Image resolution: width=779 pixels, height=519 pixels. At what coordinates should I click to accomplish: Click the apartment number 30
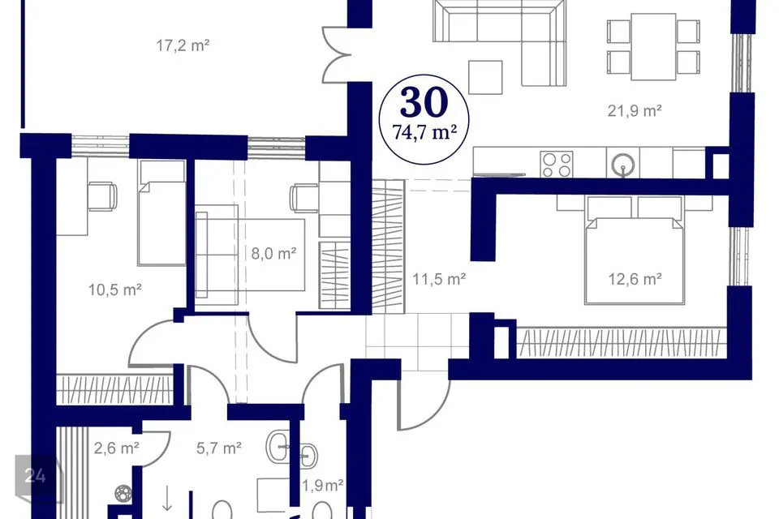pos(424,102)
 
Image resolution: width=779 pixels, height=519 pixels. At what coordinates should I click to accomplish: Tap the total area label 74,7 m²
pos(424,133)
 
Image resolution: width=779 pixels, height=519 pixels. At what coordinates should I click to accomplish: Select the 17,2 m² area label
pos(183,45)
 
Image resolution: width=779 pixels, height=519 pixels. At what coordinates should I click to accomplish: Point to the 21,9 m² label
pos(635,110)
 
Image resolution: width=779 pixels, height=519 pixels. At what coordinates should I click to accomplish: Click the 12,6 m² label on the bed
pos(635,279)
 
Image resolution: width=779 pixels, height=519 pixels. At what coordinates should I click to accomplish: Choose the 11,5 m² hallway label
pos(439,279)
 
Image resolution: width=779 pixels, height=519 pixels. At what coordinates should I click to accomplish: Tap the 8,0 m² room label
pos(273,254)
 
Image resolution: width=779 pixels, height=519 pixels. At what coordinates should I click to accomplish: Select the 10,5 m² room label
pos(115,289)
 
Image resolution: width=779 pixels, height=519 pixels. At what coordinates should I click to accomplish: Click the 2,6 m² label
pos(116,448)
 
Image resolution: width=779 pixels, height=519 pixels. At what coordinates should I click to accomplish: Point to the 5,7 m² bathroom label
pos(218,448)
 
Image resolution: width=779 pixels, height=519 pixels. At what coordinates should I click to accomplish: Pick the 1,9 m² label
pos(323,485)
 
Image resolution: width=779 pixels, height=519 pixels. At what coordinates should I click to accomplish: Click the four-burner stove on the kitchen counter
pos(557,165)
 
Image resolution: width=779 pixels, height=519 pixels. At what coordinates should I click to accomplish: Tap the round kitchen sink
pos(623,163)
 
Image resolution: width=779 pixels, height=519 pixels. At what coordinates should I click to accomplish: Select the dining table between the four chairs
pos(653,46)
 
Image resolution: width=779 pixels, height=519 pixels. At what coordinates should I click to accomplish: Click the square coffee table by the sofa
pos(485,77)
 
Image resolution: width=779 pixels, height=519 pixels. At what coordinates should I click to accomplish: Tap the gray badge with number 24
pos(36,476)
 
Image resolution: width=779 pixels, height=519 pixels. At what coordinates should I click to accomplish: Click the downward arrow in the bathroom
pos(167,499)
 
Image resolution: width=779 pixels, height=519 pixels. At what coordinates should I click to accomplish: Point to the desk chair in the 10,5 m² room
pos(103,196)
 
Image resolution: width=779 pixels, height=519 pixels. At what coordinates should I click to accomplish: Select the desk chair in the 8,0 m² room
pos(304,197)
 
